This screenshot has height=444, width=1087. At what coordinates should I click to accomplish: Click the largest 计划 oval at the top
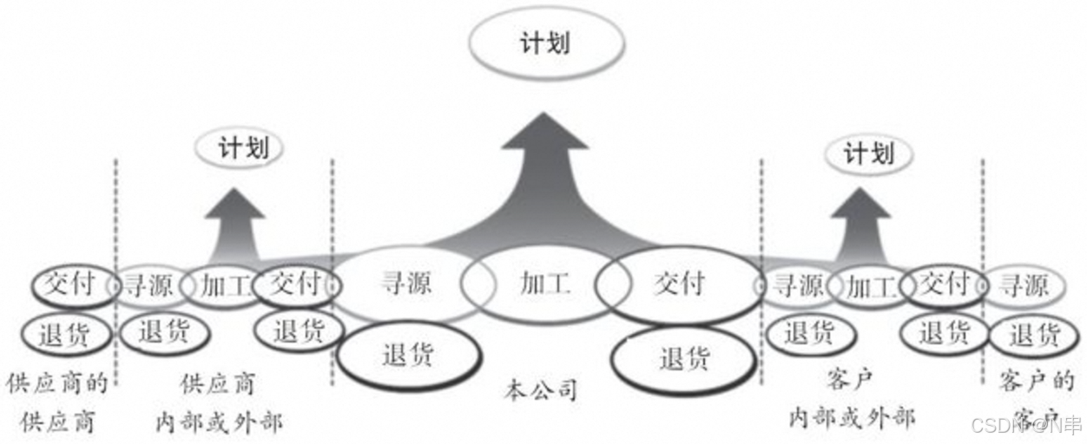click(546, 44)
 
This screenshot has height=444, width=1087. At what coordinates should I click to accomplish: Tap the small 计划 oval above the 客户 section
click(868, 155)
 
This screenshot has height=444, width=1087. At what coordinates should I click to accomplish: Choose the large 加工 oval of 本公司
click(544, 284)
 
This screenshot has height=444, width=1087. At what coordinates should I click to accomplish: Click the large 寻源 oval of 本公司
click(406, 284)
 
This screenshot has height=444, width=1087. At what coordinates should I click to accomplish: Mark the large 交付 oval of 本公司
click(679, 284)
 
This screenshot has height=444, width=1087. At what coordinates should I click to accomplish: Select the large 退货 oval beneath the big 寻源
click(407, 355)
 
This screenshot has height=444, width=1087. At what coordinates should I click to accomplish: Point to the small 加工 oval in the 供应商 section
click(221, 284)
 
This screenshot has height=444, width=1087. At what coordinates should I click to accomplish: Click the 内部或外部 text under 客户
click(852, 418)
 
